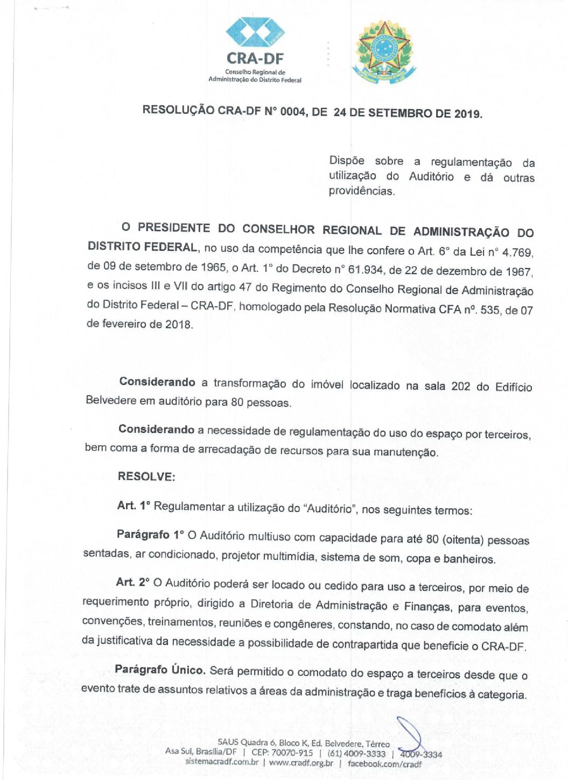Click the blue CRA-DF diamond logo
pos(255,33)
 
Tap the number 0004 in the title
pos(292,111)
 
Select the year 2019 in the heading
pos(467,114)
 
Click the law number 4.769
pos(517,252)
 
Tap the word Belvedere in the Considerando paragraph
pos(110,400)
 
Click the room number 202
pos(461,386)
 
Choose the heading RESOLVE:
pos(146,476)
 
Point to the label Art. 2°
pos(132,582)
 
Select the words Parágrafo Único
pos(159,670)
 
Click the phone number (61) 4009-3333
pos(356,753)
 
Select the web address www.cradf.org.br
pos(301,763)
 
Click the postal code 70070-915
pos(292,753)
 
